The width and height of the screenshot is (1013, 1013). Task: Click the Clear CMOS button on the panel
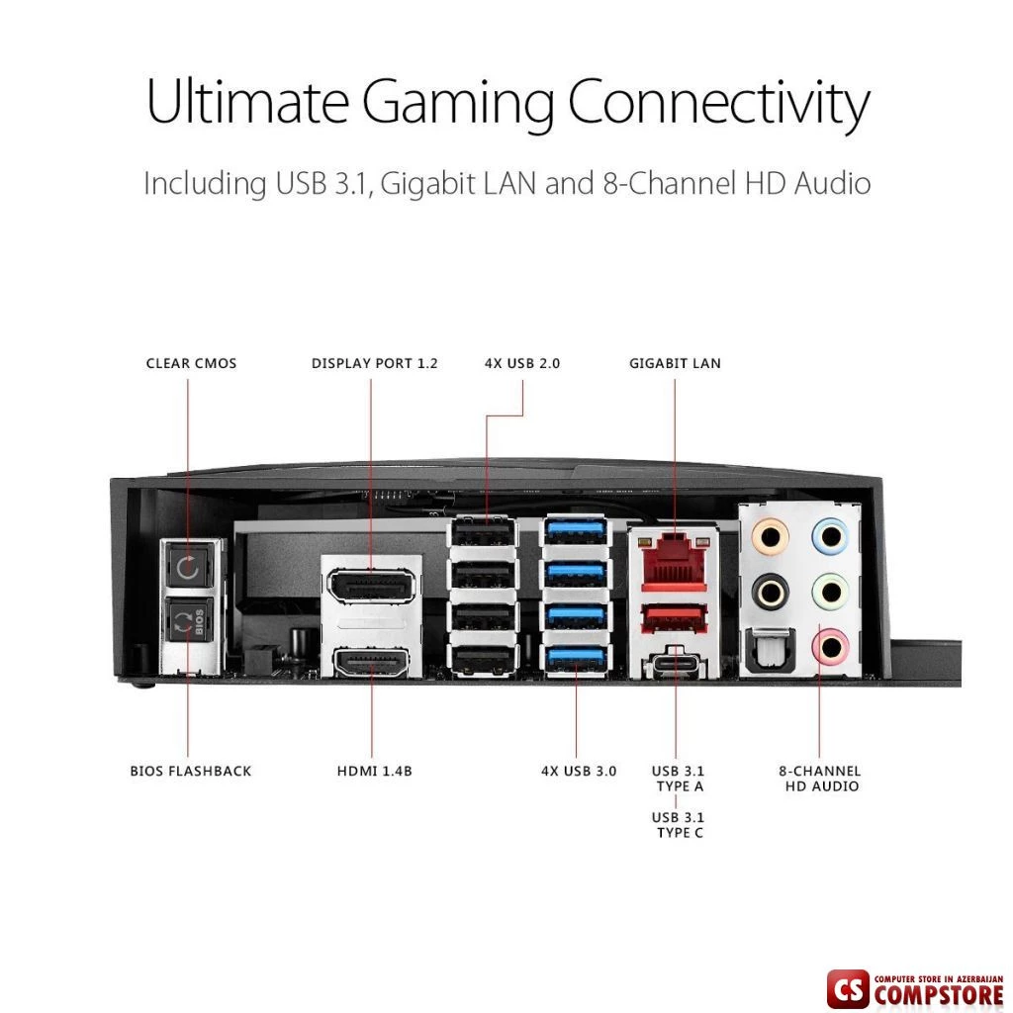(187, 567)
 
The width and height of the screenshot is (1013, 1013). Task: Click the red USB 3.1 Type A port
(675, 618)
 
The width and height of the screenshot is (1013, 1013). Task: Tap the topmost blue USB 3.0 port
(576, 531)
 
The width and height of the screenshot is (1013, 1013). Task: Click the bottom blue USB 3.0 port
(576, 660)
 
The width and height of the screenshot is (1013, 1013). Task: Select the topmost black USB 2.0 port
(483, 533)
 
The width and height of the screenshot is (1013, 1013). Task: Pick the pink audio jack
(830, 647)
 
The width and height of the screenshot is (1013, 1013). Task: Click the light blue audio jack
(830, 535)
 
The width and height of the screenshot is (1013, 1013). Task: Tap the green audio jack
(830, 592)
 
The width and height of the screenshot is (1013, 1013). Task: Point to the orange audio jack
(770, 535)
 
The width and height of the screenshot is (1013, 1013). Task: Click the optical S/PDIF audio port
(767, 652)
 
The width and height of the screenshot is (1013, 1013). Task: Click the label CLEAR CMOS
(191, 364)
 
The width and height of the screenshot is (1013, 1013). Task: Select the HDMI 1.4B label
(374, 771)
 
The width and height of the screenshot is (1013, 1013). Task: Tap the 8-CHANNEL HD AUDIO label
(819, 779)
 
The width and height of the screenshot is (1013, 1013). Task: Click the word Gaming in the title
(457, 103)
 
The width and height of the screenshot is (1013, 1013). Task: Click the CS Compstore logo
(915, 990)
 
